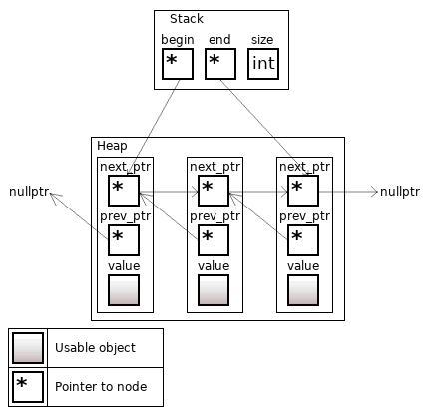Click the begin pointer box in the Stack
(177, 64)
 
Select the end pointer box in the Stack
(219, 64)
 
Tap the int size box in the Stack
(263, 64)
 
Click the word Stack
(186, 20)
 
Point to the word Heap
(112, 146)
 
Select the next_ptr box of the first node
(124, 190)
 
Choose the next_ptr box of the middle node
(214, 190)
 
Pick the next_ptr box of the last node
(303, 190)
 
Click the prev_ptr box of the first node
(124, 239)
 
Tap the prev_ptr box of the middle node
(214, 239)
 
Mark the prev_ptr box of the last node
(303, 239)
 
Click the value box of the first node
(124, 289)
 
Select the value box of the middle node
(214, 289)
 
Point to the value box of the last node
(303, 289)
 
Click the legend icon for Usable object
(27, 348)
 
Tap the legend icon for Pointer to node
(27, 386)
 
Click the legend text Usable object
(95, 348)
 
